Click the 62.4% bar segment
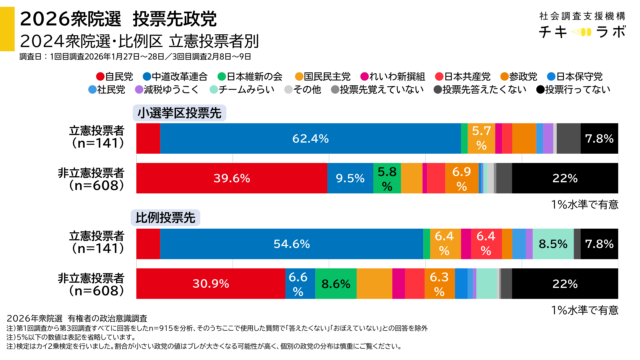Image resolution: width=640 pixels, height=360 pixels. click(310, 139)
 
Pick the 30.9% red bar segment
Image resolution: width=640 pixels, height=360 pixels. click(210, 284)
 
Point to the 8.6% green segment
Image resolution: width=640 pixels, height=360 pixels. click(335, 284)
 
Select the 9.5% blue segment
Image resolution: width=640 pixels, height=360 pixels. click(349, 179)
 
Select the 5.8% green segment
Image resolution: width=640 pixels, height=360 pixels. click(387, 179)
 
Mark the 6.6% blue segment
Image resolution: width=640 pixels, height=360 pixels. click(296, 284)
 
